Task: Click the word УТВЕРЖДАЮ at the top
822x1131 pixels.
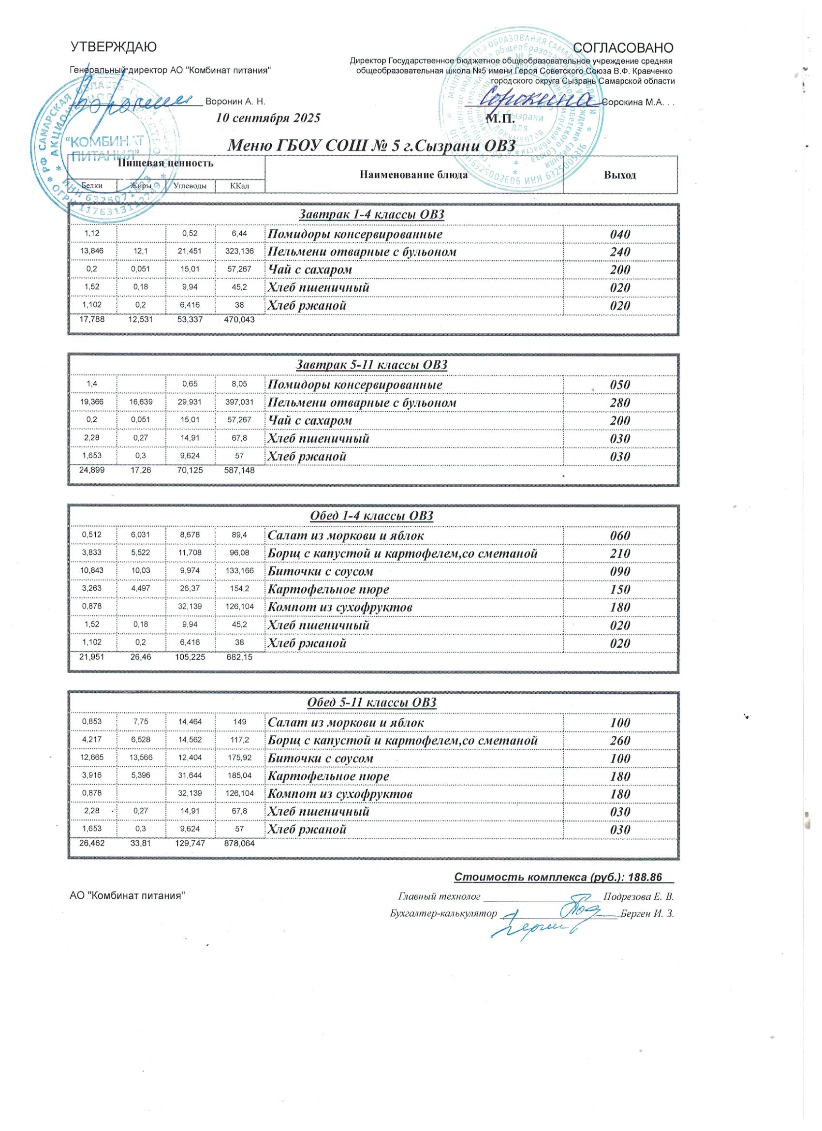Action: click(114, 47)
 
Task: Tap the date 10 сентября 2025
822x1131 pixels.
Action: click(268, 119)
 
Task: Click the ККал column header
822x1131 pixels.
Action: click(239, 187)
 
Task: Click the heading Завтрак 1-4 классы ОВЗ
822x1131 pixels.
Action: click(371, 215)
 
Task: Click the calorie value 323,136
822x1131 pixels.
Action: click(240, 252)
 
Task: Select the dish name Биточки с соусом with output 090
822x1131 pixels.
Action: click(321, 571)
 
